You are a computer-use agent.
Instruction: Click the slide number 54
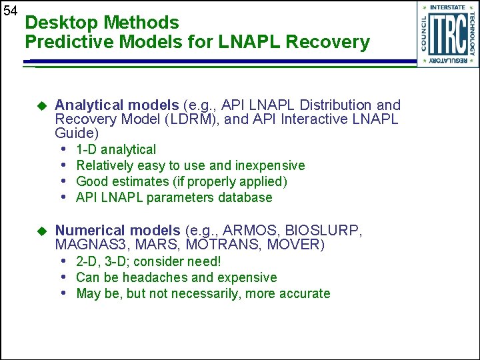pyautogui.click(x=10, y=11)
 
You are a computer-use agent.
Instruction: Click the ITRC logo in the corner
pyautogui.click(x=447, y=34)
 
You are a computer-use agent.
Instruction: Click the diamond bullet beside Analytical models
pyautogui.click(x=41, y=105)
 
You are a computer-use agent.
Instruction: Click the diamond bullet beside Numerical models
pyautogui.click(x=41, y=231)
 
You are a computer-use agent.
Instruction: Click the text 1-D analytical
pyautogui.click(x=116, y=149)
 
